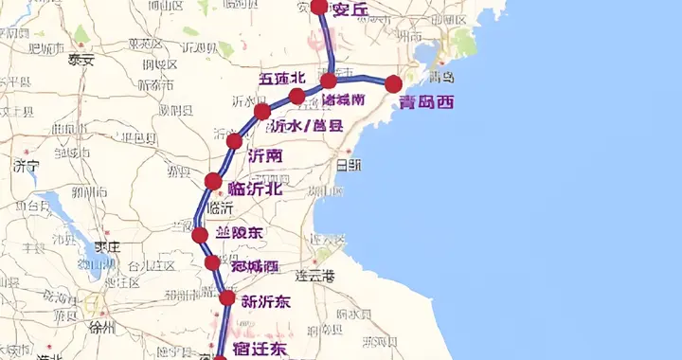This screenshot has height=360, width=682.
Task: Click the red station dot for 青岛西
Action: pyautogui.click(x=393, y=84)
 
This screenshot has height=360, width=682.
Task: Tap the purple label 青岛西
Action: pyautogui.click(x=425, y=102)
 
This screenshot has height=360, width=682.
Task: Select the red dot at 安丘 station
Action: pyautogui.click(x=318, y=8)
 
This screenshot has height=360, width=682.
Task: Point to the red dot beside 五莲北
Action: pyautogui.click(x=296, y=97)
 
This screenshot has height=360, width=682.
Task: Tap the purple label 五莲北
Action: pyautogui.click(x=282, y=78)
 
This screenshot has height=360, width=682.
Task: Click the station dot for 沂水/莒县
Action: pyautogui.click(x=262, y=112)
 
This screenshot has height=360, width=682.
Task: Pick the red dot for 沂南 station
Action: pyautogui.click(x=234, y=142)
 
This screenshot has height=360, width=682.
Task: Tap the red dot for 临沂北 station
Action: pyautogui.click(x=213, y=181)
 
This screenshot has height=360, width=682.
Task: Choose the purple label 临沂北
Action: pyautogui.click(x=255, y=189)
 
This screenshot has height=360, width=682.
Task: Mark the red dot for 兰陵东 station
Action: pyautogui.click(x=200, y=235)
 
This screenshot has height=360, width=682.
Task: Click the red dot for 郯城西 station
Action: pyautogui.click(x=212, y=263)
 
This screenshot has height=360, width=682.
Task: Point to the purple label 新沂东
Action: pyautogui.click(x=266, y=303)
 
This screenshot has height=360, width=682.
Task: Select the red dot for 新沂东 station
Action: pyautogui.click(x=227, y=298)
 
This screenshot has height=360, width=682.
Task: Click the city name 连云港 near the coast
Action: pyautogui.click(x=315, y=276)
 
